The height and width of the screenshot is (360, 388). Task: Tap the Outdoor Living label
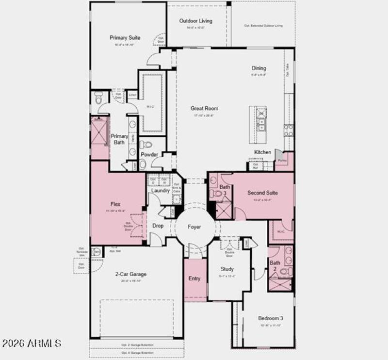(196, 21)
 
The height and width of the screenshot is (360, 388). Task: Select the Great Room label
(204, 108)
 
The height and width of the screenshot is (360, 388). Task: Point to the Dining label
(259, 68)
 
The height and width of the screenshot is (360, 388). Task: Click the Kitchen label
(263, 152)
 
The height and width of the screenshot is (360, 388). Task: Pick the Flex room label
(115, 204)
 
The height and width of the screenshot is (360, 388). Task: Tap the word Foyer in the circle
(194, 227)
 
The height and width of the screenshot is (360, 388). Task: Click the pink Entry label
(194, 278)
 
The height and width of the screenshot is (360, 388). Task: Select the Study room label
(227, 269)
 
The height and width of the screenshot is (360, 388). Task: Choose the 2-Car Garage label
(131, 274)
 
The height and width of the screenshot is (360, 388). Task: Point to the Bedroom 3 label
(271, 318)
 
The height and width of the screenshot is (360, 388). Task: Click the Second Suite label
(262, 193)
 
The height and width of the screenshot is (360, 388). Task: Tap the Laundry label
(161, 191)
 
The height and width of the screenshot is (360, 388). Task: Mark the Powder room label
(149, 155)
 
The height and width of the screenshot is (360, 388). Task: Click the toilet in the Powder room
(145, 145)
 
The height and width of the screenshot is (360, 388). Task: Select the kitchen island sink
(261, 128)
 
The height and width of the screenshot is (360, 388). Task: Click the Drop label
(158, 226)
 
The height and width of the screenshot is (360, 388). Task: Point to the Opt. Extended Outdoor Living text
(263, 26)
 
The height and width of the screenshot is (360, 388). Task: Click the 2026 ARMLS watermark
(32, 344)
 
